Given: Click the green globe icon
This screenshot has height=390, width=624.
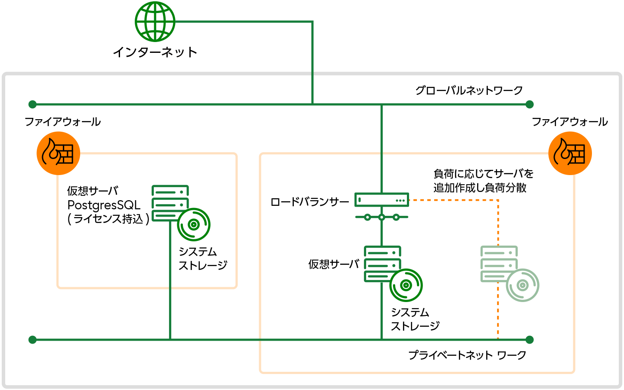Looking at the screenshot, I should [x=155, y=22].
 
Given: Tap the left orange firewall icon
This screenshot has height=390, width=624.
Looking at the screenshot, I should [x=58, y=153].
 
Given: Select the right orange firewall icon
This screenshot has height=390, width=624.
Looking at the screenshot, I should [x=570, y=153].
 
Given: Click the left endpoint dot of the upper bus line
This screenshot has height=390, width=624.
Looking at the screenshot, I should [x=32, y=104].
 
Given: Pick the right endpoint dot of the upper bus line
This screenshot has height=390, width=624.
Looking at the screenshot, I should [x=530, y=104].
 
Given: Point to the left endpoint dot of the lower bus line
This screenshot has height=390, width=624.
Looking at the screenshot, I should [x=32, y=340].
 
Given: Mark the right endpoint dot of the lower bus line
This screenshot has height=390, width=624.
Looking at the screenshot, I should [x=530, y=340].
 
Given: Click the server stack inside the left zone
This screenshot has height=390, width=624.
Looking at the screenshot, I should [x=169, y=203].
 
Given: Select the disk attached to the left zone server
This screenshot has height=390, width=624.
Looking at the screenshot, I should [x=194, y=224].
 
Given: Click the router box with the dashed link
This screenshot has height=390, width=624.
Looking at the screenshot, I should [x=381, y=200].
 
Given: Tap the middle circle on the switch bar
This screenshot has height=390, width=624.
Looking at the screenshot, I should [x=382, y=217].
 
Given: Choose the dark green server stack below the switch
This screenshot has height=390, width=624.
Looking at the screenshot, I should [x=382, y=263].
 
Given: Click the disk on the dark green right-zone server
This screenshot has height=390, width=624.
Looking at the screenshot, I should [x=406, y=285].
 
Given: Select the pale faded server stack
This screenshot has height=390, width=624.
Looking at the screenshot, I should [x=498, y=263].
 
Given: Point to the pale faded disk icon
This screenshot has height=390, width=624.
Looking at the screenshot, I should [x=523, y=285].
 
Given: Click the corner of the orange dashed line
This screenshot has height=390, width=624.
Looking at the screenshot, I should [x=498, y=200].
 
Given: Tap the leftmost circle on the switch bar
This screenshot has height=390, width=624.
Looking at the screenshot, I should [x=367, y=217].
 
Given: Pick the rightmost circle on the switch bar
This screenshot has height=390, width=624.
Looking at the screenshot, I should [x=396, y=217].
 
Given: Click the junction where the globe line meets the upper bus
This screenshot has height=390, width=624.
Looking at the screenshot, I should [x=312, y=104].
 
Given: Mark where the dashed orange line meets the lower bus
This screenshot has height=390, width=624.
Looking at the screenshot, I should [x=498, y=340].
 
